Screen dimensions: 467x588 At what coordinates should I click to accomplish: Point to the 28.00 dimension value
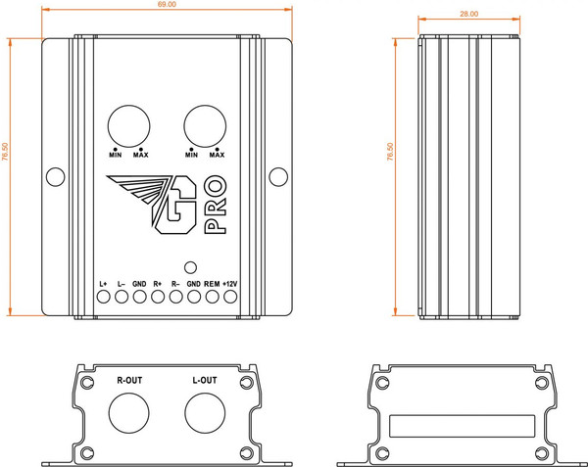(x=468, y=14)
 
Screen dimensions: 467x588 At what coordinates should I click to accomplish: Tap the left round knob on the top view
(x=127, y=124)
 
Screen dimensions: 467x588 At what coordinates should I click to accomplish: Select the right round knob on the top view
(x=204, y=124)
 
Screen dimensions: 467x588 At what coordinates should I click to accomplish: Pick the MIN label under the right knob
(x=190, y=155)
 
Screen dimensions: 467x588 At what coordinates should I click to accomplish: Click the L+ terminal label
(x=103, y=284)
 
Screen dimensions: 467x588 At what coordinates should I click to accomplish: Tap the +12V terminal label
(x=230, y=284)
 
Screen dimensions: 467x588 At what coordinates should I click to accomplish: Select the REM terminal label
(x=212, y=284)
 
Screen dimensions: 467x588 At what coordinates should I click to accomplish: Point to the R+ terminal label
(x=157, y=284)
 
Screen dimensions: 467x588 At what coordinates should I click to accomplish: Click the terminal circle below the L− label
(x=121, y=299)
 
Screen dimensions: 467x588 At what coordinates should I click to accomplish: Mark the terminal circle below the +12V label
(x=230, y=299)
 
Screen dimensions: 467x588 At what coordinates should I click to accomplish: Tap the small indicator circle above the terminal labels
(x=190, y=264)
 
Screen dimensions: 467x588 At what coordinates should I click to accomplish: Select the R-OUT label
(x=130, y=378)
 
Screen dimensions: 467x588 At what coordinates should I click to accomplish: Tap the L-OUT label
(x=205, y=378)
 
